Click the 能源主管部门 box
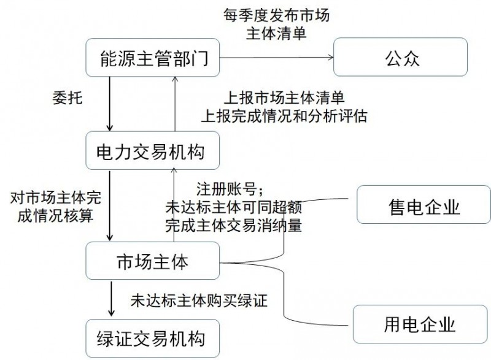pyautogui.click(x=153, y=59)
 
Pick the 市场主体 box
pyautogui.click(x=153, y=262)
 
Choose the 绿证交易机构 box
pyautogui.click(x=153, y=338)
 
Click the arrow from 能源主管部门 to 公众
pyautogui.click(x=277, y=59)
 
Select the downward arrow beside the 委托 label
pyautogui.click(x=110, y=105)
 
